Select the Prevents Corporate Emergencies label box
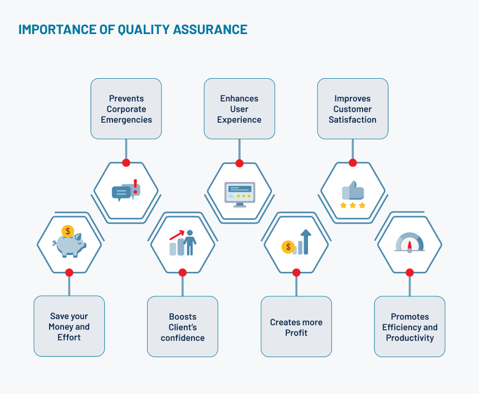coord(126,109)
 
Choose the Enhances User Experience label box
coord(239,109)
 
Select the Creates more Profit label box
coord(296,327)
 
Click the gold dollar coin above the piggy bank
coord(68,231)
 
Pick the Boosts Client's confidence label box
coord(183,327)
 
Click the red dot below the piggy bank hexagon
coord(69,273)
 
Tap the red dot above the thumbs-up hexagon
coord(353,163)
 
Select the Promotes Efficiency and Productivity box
coord(409,327)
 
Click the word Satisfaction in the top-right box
coord(353,119)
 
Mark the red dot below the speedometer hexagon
coord(409,273)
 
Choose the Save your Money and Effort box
coord(69,327)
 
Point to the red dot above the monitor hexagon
coord(239,164)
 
